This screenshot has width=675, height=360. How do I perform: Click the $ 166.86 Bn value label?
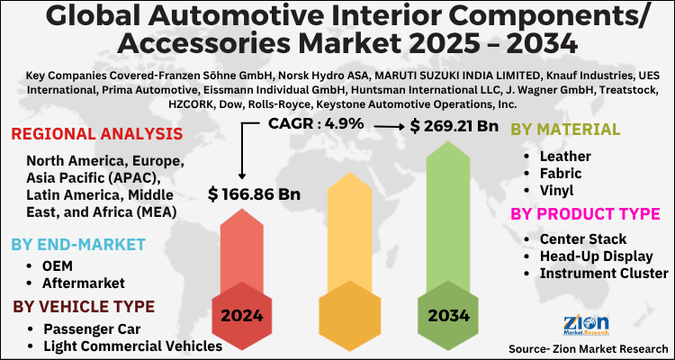[x=254, y=193]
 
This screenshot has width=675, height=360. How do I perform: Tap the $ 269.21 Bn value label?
[x=454, y=126]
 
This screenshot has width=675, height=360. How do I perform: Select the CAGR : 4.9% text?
[x=318, y=123]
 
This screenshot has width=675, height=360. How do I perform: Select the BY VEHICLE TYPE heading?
[x=84, y=307]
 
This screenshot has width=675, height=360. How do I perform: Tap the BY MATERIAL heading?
[x=564, y=130]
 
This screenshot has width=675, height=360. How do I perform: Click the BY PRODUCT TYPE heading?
[x=586, y=214]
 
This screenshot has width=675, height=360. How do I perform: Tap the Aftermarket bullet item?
[x=84, y=283]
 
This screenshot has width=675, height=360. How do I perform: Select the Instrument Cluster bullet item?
[x=604, y=273]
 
